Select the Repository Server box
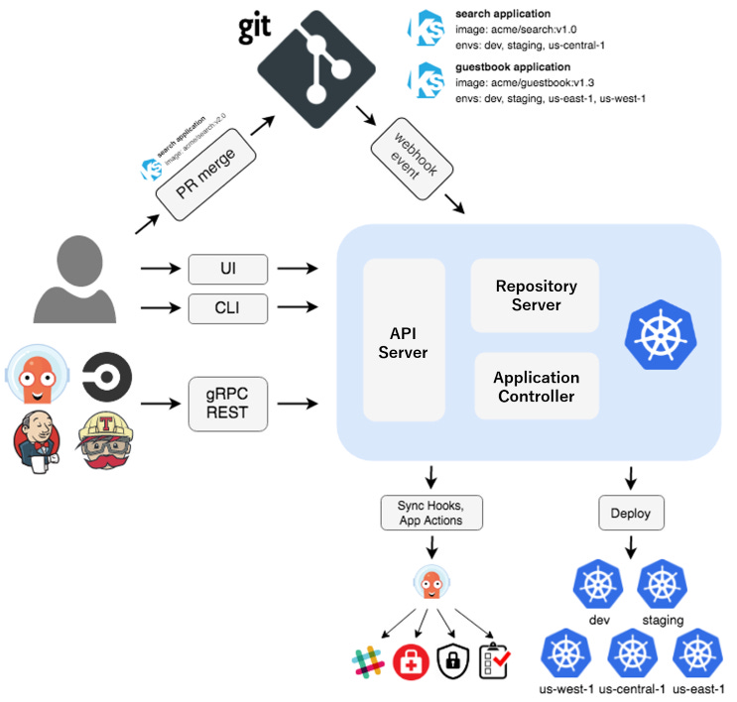pos(536,294)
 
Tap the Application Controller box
pos(536,387)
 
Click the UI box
pos(228,268)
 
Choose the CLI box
pos(228,309)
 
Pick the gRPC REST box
pos(228,404)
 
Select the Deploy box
pos(631,513)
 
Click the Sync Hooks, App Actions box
pos(430,513)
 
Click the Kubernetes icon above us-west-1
pos(566,654)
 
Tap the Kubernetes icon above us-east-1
pos(697,654)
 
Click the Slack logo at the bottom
pos(367,660)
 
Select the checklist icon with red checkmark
pos(495,660)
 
